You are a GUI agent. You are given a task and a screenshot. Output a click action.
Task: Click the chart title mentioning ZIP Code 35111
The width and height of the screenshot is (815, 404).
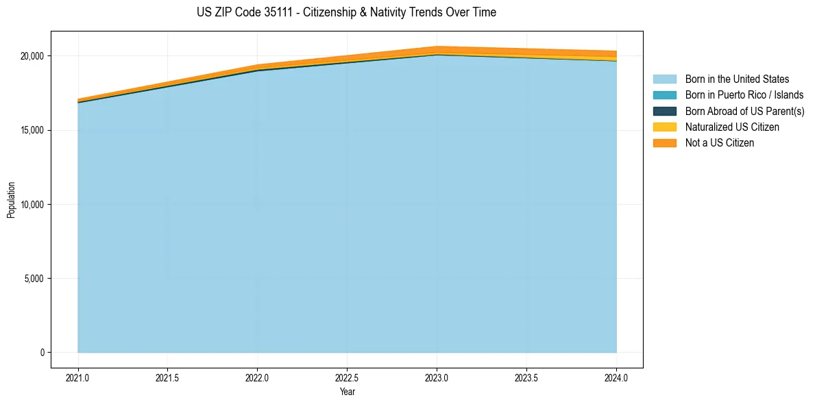(346, 12)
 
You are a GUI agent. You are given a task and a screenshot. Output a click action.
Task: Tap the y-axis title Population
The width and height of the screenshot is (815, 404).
(11, 200)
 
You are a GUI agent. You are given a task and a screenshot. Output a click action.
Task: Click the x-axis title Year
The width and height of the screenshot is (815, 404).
(347, 392)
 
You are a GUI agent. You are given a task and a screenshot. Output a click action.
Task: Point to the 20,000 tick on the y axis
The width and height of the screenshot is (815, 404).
(32, 56)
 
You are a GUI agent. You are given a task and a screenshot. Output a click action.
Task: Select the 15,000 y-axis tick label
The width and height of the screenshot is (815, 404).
(32, 130)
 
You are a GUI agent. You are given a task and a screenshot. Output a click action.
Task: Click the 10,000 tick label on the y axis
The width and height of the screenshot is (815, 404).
(32, 205)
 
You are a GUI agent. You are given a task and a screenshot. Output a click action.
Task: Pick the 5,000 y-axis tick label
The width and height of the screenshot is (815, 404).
(34, 279)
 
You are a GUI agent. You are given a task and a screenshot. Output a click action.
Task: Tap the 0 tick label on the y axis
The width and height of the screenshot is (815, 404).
(42, 353)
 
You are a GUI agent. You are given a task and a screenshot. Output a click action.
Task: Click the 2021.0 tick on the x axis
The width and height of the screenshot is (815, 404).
(78, 377)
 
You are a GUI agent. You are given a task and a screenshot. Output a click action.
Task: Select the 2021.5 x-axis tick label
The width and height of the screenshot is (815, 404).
(168, 377)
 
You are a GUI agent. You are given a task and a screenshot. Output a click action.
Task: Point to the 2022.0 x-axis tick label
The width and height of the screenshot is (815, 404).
(258, 377)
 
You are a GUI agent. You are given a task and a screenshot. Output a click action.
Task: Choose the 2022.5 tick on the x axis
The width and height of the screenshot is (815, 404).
(347, 377)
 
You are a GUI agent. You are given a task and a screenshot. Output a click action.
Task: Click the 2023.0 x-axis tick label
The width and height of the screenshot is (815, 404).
(437, 377)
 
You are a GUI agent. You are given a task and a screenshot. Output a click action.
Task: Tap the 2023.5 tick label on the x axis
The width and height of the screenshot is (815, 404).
(526, 377)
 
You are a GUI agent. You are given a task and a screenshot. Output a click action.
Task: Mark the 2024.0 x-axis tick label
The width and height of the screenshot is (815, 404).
(616, 377)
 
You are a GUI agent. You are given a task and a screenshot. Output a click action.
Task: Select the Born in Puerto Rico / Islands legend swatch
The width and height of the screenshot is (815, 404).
(664, 95)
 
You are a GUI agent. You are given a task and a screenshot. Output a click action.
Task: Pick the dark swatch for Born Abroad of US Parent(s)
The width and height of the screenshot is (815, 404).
(664, 111)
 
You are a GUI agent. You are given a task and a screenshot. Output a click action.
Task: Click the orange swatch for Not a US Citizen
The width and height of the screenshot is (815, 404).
(664, 143)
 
